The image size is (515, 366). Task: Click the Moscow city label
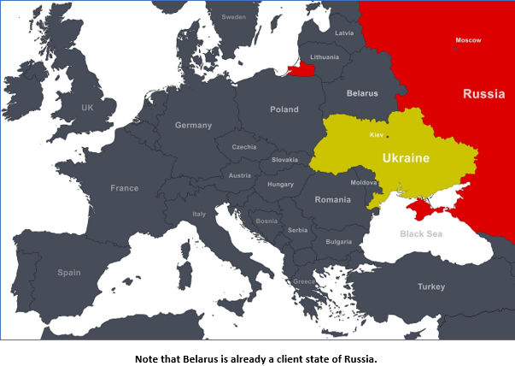click(468, 40)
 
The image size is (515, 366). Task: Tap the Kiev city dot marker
click(387, 136)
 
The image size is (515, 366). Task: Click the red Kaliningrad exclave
click(301, 70)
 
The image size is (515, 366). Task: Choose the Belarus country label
click(362, 92)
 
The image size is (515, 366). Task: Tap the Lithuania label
click(325, 57)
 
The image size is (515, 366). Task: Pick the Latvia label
click(345, 33)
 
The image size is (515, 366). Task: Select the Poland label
click(284, 109)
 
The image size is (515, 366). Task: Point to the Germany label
click(193, 125)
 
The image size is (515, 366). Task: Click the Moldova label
click(363, 182)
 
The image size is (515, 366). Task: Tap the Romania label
click(332, 199)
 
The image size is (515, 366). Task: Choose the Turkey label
click(430, 287)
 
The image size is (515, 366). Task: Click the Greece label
click(303, 281)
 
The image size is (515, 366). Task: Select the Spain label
click(68, 273)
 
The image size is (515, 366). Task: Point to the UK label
click(87, 108)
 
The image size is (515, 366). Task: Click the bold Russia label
click(483, 93)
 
